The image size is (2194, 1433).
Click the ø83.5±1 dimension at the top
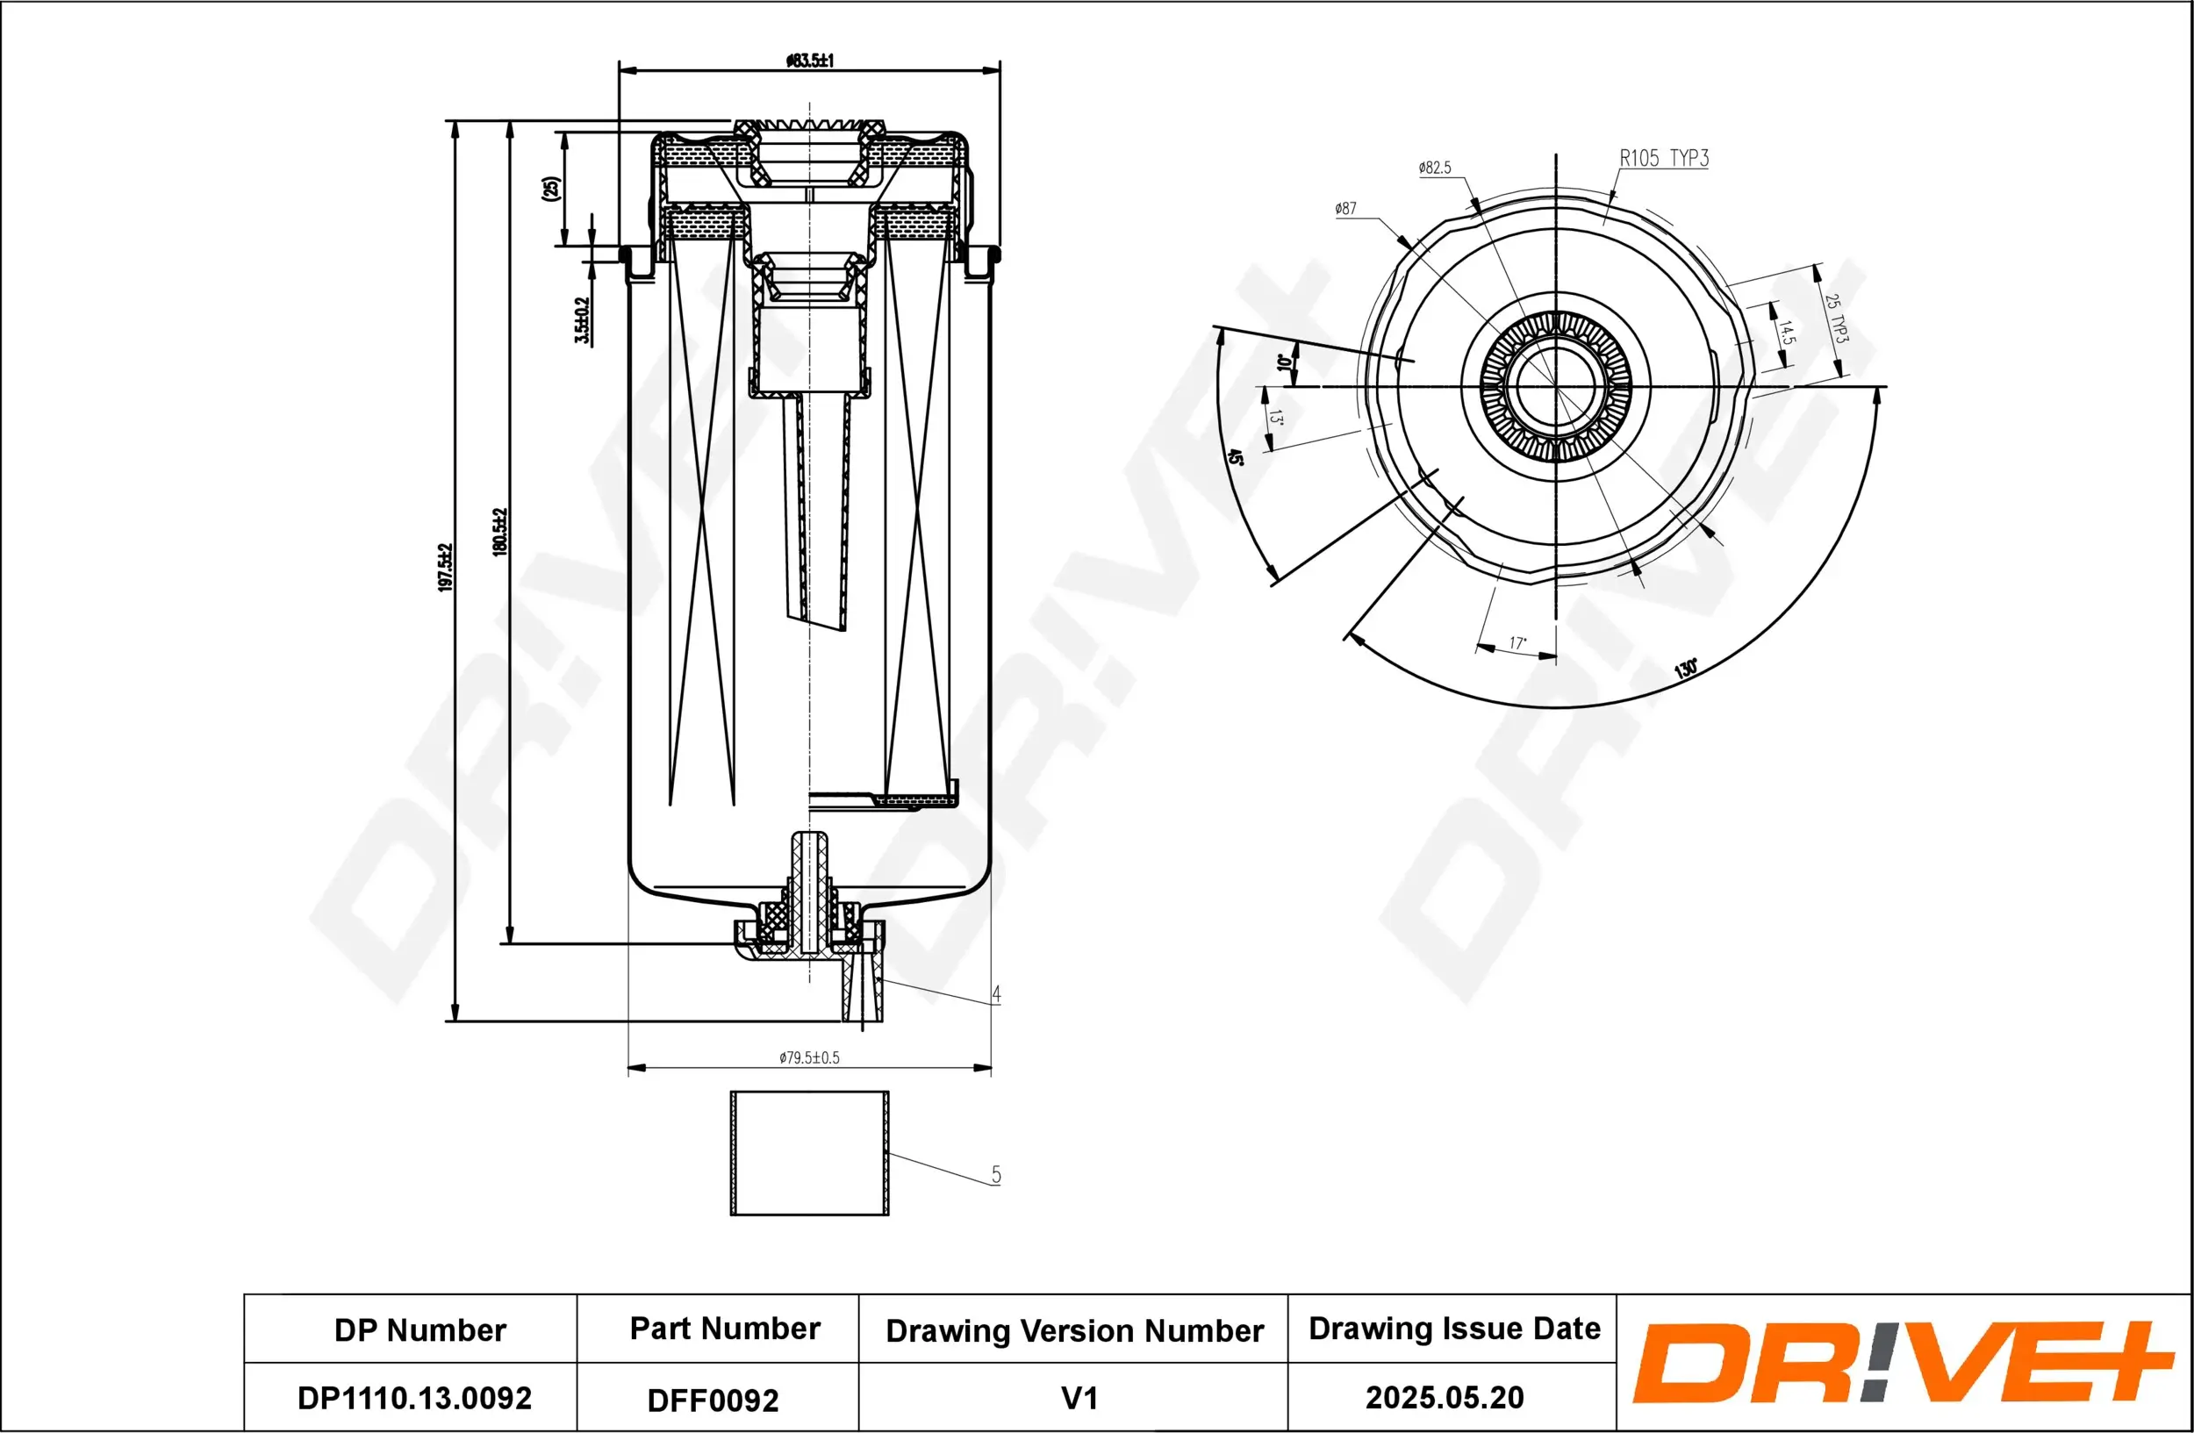point(809,61)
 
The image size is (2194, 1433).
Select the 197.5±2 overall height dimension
point(446,568)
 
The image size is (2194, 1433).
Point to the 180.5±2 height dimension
point(500,532)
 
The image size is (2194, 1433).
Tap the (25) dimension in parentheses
point(550,189)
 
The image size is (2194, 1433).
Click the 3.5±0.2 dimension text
point(582,319)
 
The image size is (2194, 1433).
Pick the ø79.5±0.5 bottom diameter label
point(809,1058)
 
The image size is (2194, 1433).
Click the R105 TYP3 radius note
point(1664,159)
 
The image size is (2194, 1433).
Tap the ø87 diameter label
point(1346,209)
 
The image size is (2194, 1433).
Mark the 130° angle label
point(1686,668)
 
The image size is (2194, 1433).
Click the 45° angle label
point(1236,458)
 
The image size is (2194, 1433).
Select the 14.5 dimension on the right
point(1786,333)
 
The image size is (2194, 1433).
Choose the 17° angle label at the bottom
point(1517,643)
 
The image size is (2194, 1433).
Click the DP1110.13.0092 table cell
point(414,1398)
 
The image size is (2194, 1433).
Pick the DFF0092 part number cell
point(713,1401)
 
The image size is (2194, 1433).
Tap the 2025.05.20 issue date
point(1445,1398)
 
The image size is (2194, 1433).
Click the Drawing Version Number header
point(1074,1330)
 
